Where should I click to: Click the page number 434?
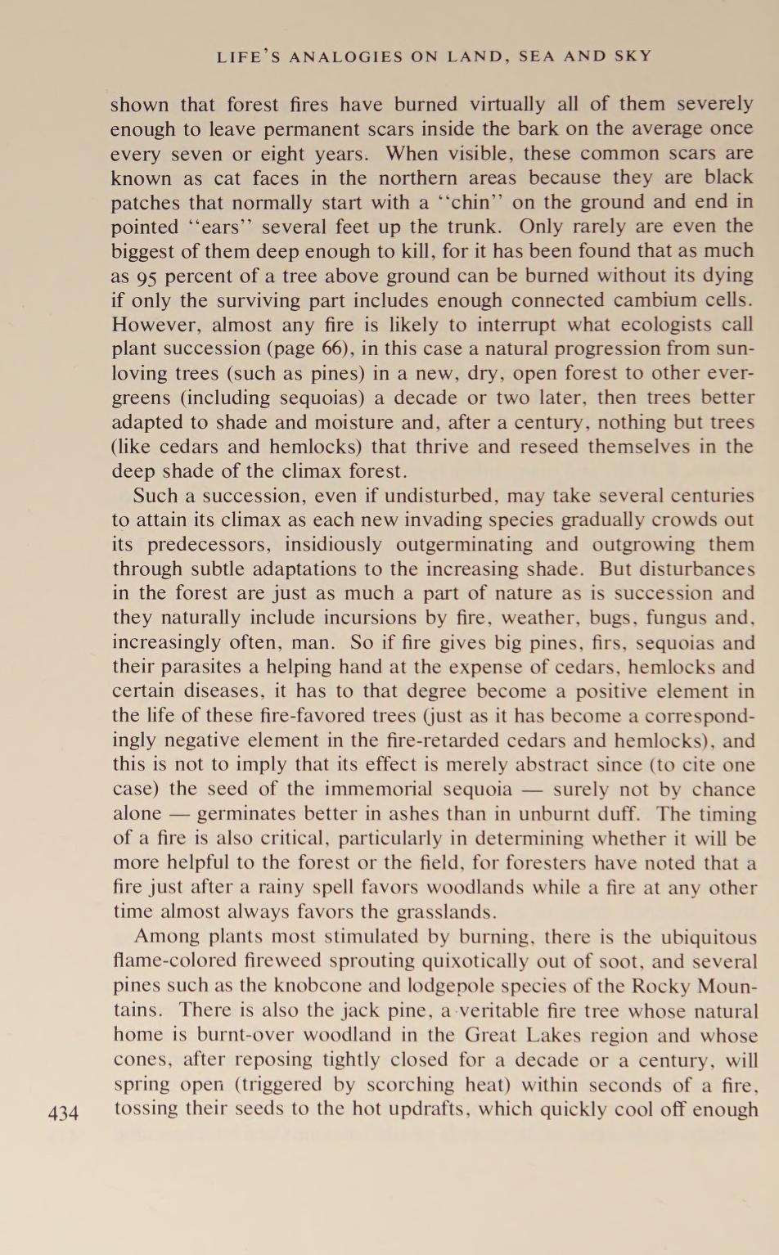(x=64, y=1113)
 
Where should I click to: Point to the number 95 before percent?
(x=141, y=277)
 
